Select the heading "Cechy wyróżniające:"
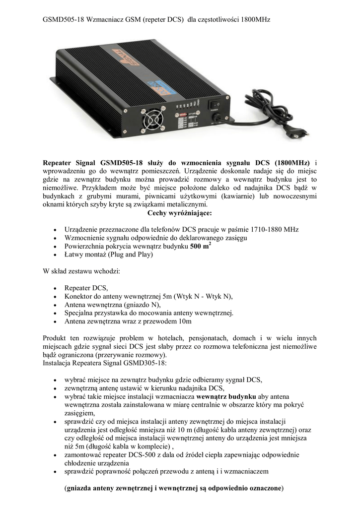[180, 213]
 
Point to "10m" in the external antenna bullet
[185, 321]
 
